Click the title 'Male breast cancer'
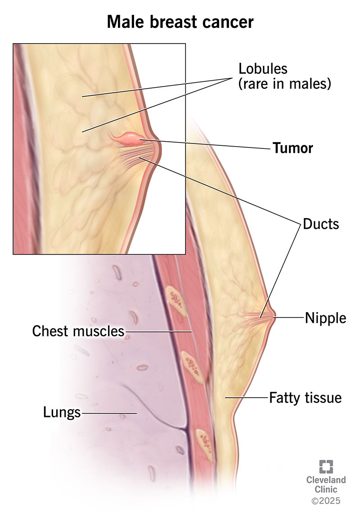pos(180,21)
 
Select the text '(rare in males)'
pos(285,84)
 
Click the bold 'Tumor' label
pos(292,148)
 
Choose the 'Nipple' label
pos(326,318)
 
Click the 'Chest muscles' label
pos(78,331)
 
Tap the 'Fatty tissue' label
pos(305,398)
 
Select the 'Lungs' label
pos(62,412)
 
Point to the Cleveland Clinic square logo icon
pos(326,466)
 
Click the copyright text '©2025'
pos(326,501)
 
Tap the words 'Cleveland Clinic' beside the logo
pos(326,484)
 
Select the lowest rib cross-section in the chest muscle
pos(202,440)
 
